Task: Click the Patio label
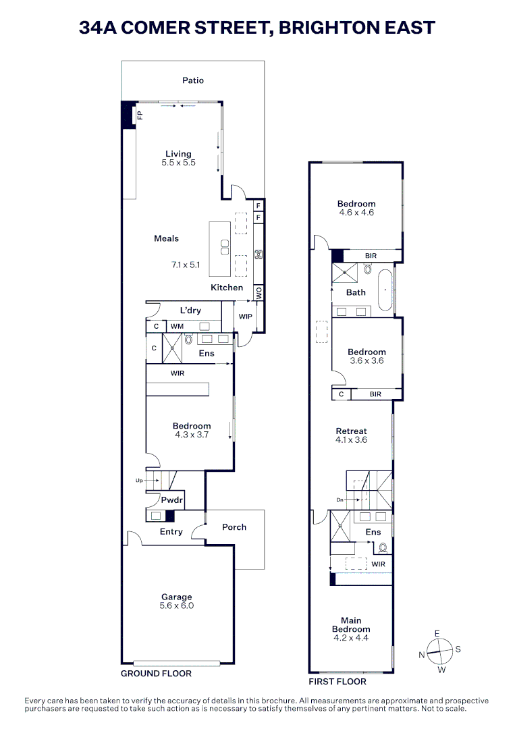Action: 192,80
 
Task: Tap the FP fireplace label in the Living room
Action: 140,115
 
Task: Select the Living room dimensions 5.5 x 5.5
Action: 178,163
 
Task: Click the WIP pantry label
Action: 245,315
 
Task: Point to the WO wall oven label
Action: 258,294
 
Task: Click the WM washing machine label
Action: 177,327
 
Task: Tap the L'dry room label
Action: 191,310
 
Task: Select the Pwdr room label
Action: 169,500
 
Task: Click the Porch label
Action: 234,527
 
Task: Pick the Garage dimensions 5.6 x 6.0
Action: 177,605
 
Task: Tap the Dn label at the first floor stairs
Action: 340,500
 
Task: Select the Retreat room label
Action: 351,431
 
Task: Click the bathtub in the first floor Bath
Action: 385,291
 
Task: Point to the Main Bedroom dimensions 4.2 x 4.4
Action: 351,638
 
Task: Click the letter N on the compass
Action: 421,654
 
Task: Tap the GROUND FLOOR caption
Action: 156,674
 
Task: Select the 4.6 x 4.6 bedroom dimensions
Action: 356,213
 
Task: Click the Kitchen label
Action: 227,288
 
